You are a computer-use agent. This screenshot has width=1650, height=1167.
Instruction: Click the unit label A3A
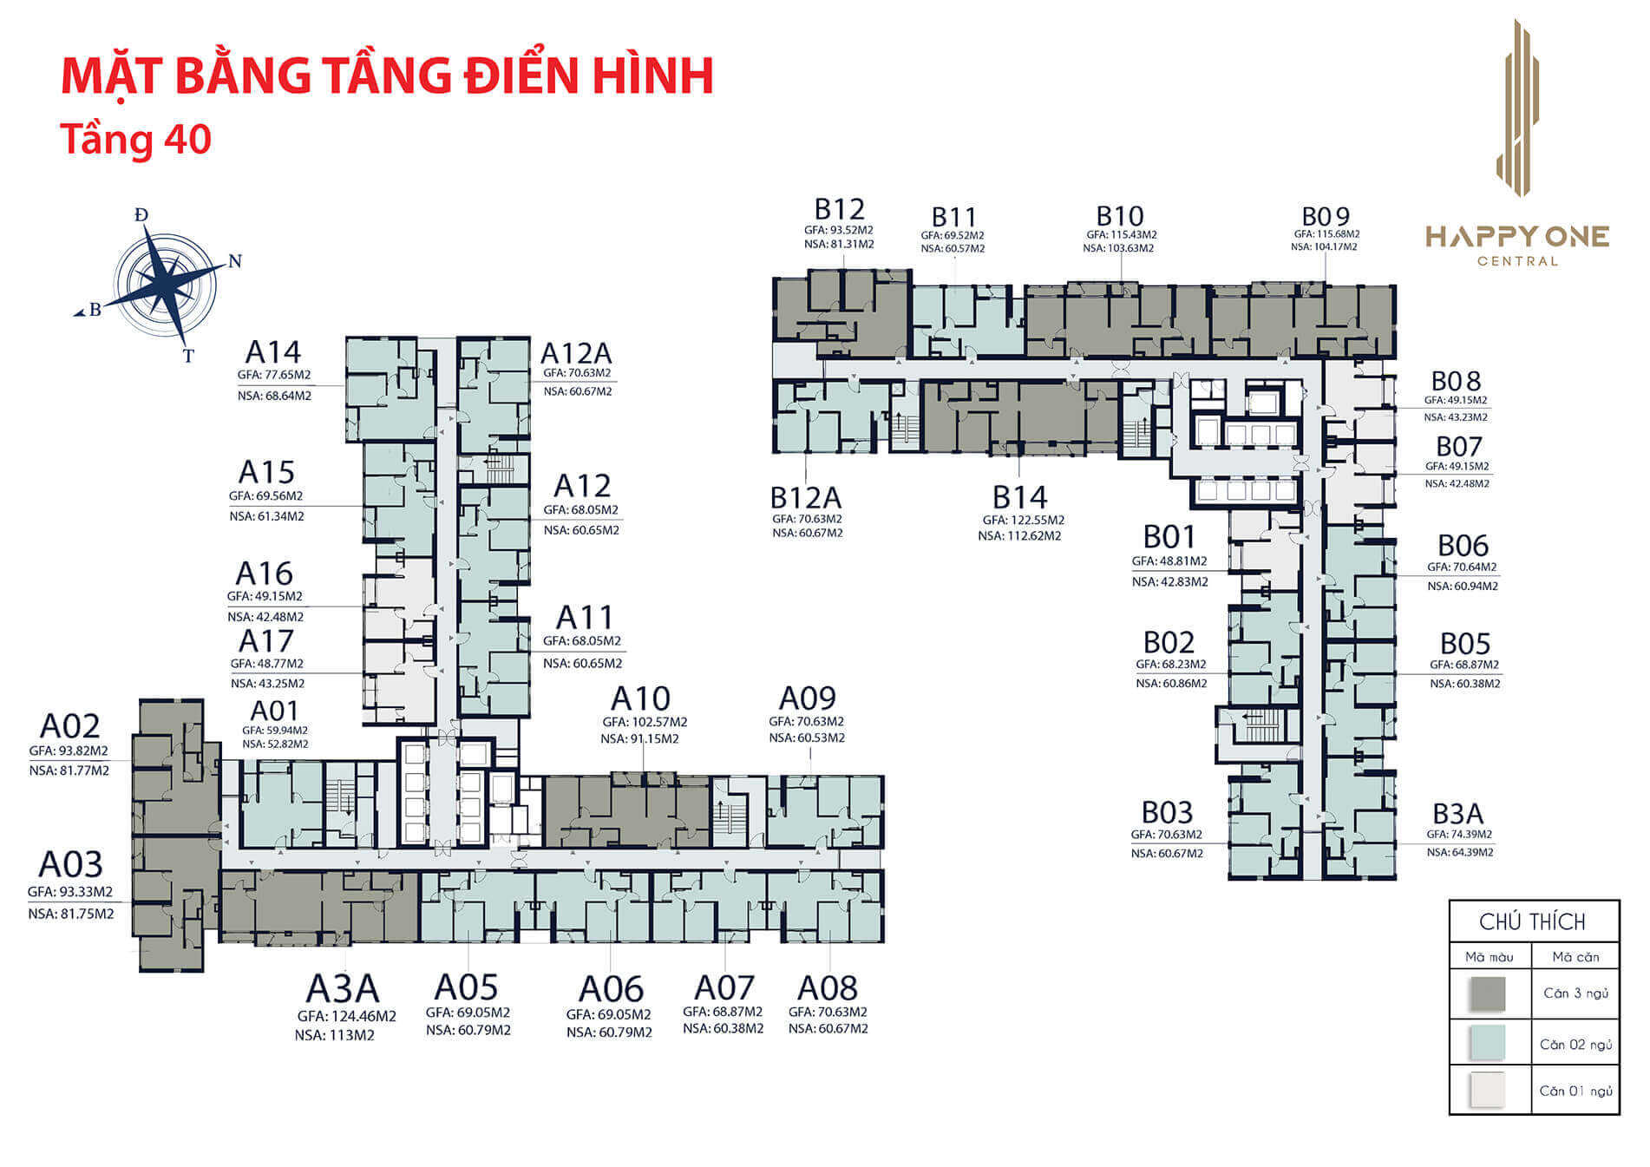pyautogui.click(x=343, y=988)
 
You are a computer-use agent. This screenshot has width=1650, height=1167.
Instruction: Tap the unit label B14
pyautogui.click(x=1019, y=498)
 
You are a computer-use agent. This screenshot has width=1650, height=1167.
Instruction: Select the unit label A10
pyautogui.click(x=640, y=698)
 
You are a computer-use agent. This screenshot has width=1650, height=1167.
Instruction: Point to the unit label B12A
pyautogui.click(x=806, y=498)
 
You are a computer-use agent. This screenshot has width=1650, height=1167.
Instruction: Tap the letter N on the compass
pyautogui.click(x=234, y=262)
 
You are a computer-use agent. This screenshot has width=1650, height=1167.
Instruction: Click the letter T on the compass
pyautogui.click(x=188, y=356)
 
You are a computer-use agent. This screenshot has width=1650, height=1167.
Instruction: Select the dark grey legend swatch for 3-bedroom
pyautogui.click(x=1488, y=994)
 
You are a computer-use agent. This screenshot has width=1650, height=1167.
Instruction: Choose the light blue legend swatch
pyautogui.click(x=1488, y=1043)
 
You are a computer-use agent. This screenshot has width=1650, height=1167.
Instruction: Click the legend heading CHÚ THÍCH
pyautogui.click(x=1532, y=922)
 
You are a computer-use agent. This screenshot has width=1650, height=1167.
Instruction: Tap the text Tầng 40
pyautogui.click(x=135, y=140)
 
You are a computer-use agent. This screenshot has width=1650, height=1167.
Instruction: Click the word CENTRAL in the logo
pyautogui.click(x=1517, y=261)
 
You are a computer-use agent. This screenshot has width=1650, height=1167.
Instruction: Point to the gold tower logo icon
pyautogui.click(x=1517, y=108)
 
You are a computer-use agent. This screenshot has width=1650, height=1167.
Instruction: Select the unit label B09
pyautogui.click(x=1326, y=216)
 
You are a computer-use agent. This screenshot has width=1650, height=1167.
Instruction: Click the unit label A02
pyautogui.click(x=70, y=726)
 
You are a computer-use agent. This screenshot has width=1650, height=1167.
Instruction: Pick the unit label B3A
pyautogui.click(x=1457, y=814)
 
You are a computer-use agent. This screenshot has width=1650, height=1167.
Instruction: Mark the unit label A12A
pyautogui.click(x=576, y=354)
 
